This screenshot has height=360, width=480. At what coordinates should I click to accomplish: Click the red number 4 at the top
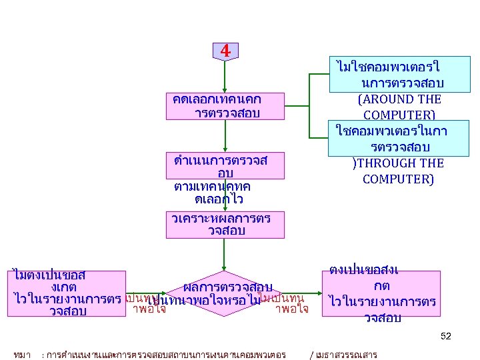tap(225, 51)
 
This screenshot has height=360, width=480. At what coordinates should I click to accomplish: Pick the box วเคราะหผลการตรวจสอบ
tap(216, 224)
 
